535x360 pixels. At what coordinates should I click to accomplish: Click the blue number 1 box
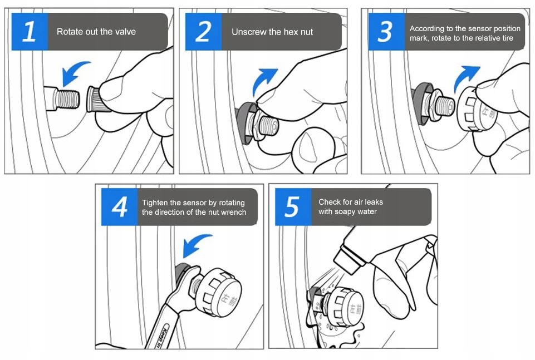30,32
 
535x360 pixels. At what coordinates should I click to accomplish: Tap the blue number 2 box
203,32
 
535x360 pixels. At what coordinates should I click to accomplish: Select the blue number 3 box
386,32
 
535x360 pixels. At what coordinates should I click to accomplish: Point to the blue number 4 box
120,206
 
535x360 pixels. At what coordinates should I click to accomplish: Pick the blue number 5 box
293,206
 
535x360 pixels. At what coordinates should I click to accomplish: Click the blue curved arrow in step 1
73,72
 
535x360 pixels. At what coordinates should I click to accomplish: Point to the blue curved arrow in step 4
195,244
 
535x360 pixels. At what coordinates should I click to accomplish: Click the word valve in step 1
125,32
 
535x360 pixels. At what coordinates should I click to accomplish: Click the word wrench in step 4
233,212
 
